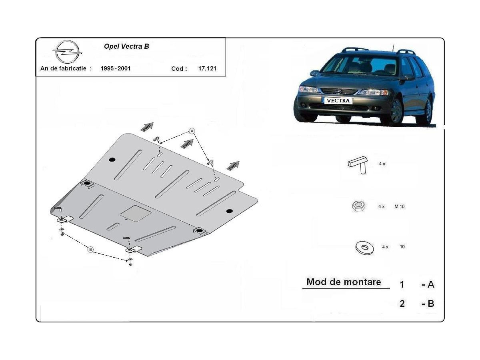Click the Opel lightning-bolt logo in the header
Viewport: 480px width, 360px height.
(x=67, y=52)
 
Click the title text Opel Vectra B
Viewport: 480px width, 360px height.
(x=126, y=46)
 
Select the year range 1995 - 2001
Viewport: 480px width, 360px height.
(x=116, y=68)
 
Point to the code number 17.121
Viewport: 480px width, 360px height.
(x=207, y=68)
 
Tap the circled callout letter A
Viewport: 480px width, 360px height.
(x=192, y=131)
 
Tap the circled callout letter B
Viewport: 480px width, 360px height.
(x=90, y=250)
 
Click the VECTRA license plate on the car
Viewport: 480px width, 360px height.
(x=338, y=100)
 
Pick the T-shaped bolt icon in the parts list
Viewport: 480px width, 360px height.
(x=358, y=165)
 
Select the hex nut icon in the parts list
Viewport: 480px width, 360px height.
(x=358, y=206)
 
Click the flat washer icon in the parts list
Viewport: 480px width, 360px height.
(x=364, y=248)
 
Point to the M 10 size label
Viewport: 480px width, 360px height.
(x=399, y=206)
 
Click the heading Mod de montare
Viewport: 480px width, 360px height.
(x=344, y=282)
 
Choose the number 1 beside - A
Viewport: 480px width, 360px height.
(x=402, y=284)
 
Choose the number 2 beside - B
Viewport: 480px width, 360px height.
(x=402, y=304)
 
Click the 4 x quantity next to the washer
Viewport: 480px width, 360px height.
(x=385, y=247)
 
